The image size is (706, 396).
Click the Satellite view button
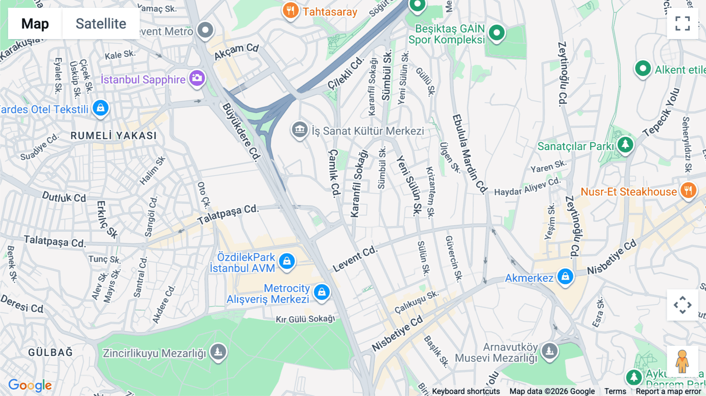point(101,24)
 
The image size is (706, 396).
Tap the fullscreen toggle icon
point(682,24)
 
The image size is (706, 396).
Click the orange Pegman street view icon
point(682,361)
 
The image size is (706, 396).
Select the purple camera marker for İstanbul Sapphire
point(197,78)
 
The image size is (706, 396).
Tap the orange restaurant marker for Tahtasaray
point(290,11)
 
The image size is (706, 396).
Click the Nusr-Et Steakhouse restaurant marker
point(688,191)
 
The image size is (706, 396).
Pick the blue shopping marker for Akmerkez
point(565,276)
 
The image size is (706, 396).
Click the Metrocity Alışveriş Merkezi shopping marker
point(322,292)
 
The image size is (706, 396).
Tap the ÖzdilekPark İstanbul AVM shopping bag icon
point(287,261)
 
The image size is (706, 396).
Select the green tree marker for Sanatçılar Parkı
point(625,144)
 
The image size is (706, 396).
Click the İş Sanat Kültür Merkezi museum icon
point(300,129)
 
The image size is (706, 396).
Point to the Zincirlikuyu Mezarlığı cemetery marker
point(218,351)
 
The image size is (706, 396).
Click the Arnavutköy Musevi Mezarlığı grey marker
point(549,351)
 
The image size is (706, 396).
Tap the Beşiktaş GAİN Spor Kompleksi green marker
point(497,33)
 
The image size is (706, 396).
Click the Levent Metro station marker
point(205,30)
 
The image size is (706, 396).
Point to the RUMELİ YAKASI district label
point(114,136)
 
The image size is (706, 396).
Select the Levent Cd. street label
point(355,259)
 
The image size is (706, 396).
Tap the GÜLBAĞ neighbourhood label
point(51,352)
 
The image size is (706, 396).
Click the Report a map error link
point(668,391)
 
